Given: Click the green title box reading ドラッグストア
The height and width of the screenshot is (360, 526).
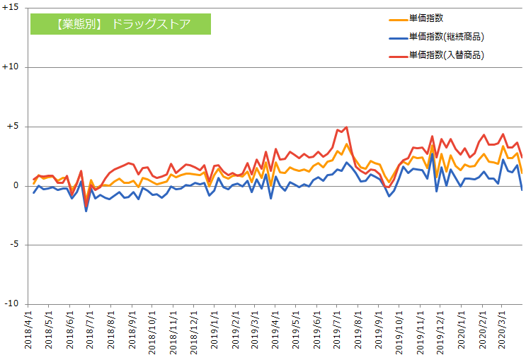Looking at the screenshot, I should click(120, 24).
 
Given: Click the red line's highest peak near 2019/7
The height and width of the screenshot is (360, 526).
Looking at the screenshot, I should click(346, 127).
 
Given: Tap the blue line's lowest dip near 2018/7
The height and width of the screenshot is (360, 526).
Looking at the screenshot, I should click(86, 211).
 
